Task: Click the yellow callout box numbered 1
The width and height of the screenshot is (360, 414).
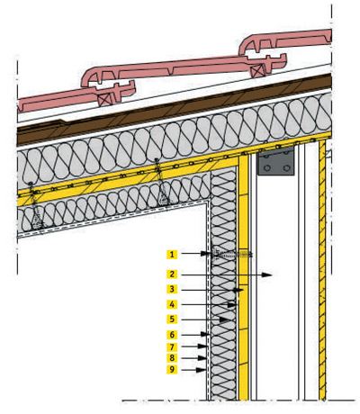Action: pyautogui.click(x=172, y=255)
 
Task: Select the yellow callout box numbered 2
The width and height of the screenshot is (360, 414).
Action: pyautogui.click(x=172, y=274)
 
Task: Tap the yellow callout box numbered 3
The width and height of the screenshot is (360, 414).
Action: pyautogui.click(x=172, y=289)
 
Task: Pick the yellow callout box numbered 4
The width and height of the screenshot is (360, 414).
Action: pyautogui.click(x=172, y=304)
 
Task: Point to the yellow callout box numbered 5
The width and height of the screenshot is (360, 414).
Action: pyautogui.click(x=172, y=319)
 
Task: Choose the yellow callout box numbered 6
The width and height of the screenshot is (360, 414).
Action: pyautogui.click(x=172, y=334)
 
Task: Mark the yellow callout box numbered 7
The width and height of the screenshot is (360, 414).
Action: pyautogui.click(x=172, y=347)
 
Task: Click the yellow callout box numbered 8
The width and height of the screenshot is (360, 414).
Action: pyautogui.click(x=172, y=358)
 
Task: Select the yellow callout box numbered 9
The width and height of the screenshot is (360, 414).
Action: pyautogui.click(x=172, y=369)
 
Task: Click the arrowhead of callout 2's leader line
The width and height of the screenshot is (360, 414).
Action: pyautogui.click(x=267, y=274)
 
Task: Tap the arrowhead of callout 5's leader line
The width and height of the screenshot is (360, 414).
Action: pyautogui.click(x=224, y=319)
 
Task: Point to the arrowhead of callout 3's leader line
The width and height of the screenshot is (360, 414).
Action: pyautogui.click(x=238, y=290)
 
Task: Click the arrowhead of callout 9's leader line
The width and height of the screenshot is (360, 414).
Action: pyautogui.click(x=201, y=370)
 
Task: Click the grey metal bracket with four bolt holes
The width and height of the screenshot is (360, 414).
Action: pyautogui.click(x=276, y=161)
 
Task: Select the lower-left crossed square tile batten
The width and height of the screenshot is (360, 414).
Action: pyautogui.click(x=106, y=99)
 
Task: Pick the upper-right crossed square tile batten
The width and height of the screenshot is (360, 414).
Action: pyautogui.click(x=257, y=71)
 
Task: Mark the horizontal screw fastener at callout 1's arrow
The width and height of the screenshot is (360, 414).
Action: pyautogui.click(x=231, y=255)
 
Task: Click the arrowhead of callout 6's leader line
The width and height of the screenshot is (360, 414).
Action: pyautogui.click(x=205, y=334)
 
